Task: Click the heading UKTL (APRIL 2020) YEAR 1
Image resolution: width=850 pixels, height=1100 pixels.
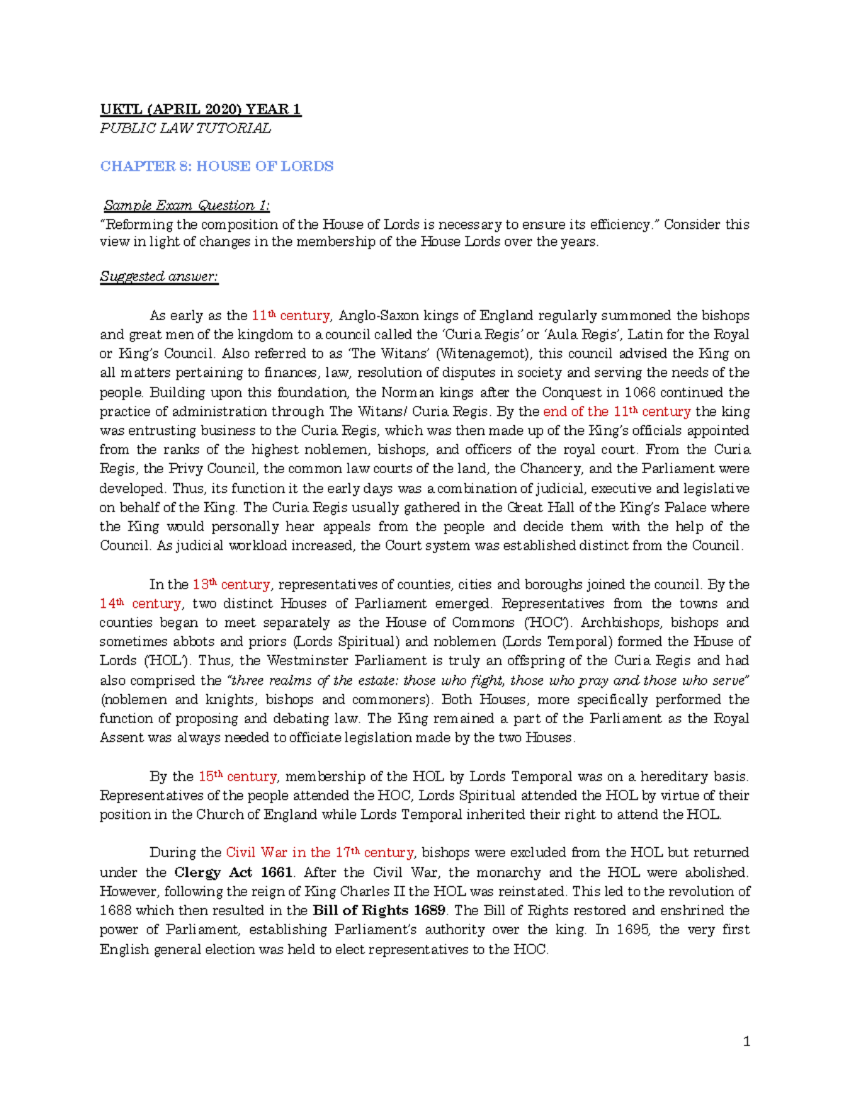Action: (200, 109)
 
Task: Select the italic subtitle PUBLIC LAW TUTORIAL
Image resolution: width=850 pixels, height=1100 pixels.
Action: (185, 128)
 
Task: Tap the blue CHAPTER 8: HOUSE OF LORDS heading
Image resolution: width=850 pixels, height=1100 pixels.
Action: (217, 166)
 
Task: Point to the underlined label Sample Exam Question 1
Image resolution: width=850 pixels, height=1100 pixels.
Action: (186, 205)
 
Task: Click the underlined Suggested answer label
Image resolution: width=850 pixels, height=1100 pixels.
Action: (159, 276)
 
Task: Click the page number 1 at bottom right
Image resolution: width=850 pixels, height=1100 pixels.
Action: (746, 1041)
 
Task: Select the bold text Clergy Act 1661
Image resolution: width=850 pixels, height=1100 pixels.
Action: (233, 872)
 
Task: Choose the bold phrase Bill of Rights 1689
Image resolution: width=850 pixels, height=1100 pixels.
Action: (379, 910)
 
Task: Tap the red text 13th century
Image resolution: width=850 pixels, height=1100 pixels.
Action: (231, 584)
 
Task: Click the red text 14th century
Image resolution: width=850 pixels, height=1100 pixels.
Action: (140, 603)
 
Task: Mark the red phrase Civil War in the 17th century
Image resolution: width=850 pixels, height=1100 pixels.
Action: (319, 852)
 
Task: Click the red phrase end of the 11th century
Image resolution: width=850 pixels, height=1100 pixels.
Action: (616, 412)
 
